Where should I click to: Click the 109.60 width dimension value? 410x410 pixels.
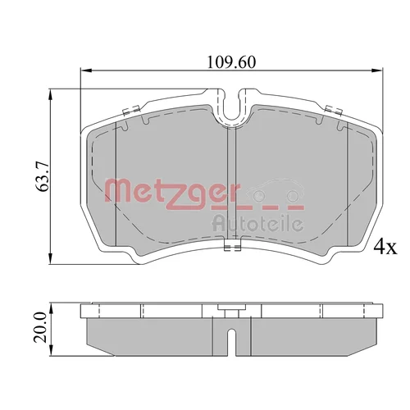pos(231,62)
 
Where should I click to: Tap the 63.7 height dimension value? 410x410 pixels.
pos(43,177)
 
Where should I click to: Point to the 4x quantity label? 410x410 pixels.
pos(385,248)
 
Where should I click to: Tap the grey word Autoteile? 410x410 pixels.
pos(257,224)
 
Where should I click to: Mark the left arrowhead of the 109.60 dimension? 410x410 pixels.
pos(85,71)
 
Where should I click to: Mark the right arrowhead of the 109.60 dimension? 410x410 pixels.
pos(378,71)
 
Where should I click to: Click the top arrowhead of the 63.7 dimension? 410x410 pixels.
pos(50,94)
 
